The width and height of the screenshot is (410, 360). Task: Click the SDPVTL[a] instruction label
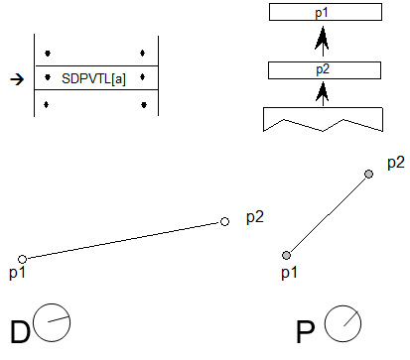pyautogui.click(x=93, y=76)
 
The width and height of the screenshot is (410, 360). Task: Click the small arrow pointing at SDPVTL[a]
pyautogui.click(x=14, y=76)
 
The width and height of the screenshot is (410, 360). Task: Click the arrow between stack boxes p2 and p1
pyautogui.click(x=322, y=42)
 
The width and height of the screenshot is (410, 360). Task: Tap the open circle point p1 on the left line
pyautogui.click(x=23, y=259)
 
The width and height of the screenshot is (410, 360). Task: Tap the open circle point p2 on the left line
pyautogui.click(x=225, y=222)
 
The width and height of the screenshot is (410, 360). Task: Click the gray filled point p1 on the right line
pyautogui.click(x=286, y=255)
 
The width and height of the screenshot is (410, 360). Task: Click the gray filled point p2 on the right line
pyautogui.click(x=369, y=175)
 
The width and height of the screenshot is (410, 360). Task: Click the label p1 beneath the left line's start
pyautogui.click(x=17, y=272)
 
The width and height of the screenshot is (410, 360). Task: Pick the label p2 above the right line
pyautogui.click(x=395, y=161)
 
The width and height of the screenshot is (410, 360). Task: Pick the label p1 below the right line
pyautogui.click(x=288, y=272)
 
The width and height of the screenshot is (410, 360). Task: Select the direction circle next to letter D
pyautogui.click(x=53, y=322)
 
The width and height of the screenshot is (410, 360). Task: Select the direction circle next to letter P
pyautogui.click(x=342, y=322)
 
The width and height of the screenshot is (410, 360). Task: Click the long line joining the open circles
pyautogui.click(x=124, y=240)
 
